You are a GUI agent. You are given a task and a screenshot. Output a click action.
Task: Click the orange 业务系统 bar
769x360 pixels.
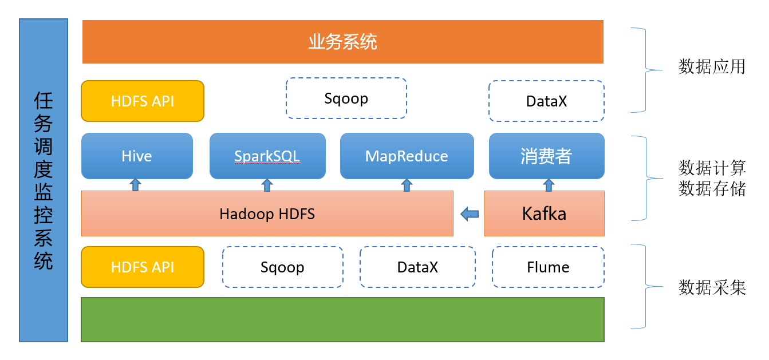[x=342, y=42]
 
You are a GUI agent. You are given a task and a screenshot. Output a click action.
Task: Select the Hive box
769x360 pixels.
[x=137, y=156]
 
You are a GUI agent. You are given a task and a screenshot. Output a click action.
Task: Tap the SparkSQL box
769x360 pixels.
[x=267, y=156]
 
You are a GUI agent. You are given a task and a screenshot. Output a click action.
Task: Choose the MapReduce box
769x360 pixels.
[x=407, y=156]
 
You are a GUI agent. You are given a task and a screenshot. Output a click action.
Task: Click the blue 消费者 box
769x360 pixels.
[x=546, y=156]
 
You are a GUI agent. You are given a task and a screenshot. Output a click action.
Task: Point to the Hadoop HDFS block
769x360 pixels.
[x=267, y=213]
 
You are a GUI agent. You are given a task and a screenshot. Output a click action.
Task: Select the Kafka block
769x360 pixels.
[x=545, y=213]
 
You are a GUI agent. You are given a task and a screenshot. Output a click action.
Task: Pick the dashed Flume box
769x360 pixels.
[x=548, y=267]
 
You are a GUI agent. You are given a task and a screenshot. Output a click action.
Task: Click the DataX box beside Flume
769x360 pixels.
[x=417, y=267]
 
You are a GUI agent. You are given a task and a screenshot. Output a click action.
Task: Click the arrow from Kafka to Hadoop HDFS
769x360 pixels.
[x=470, y=214]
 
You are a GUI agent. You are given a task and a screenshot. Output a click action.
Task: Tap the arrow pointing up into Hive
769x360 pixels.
[x=135, y=185]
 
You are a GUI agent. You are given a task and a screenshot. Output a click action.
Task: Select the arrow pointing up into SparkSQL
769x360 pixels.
[x=267, y=185]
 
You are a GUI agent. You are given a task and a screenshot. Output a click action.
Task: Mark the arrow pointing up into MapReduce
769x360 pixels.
[x=407, y=185]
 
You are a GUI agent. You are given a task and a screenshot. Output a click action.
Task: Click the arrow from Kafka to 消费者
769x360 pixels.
[x=549, y=185]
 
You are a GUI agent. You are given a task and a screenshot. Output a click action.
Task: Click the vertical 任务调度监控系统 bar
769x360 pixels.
[x=44, y=180]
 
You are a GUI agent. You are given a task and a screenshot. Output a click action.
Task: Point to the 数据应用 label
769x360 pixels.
[x=712, y=66]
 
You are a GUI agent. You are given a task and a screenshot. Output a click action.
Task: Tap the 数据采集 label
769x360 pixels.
[x=712, y=287]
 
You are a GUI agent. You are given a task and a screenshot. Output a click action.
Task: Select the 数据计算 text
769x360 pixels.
[x=712, y=168]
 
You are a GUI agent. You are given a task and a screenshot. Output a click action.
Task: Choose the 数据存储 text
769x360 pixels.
[x=712, y=188]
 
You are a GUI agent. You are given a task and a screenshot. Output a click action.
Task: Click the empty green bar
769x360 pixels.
[x=342, y=319]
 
